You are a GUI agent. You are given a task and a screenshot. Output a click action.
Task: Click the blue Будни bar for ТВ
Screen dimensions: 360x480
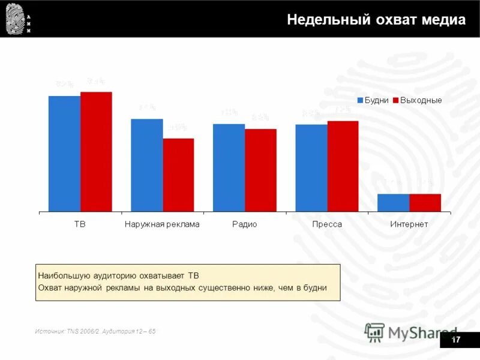pos(64,154)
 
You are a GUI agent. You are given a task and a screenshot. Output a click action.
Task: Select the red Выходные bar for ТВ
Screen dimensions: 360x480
pos(96,152)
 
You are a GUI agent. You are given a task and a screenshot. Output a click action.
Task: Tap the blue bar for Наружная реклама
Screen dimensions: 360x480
pos(147,165)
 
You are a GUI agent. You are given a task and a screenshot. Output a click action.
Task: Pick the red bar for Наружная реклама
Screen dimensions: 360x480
pos(178,175)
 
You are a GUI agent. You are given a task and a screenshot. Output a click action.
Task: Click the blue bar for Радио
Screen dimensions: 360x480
pos(229,167)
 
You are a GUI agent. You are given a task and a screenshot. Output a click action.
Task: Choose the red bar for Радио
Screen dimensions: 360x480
pos(260,170)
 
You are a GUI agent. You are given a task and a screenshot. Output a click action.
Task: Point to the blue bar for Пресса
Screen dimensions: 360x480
pos(311,168)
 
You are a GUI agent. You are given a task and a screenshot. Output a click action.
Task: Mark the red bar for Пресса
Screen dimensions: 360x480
pos(343,166)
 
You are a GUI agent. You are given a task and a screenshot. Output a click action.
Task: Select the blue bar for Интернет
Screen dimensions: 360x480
pos(394,203)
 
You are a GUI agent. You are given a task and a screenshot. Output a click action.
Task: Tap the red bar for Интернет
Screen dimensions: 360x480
pos(425,203)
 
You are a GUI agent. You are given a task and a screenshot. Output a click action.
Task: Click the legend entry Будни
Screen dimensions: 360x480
pos(373,100)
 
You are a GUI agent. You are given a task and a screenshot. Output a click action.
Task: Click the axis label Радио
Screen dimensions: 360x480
pos(245,224)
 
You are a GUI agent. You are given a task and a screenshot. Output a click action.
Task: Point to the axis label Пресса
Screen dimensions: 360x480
pos(327,224)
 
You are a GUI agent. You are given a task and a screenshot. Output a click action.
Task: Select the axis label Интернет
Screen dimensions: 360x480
pos(409,224)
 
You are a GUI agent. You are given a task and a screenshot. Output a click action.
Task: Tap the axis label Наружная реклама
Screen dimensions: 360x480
pos(162,224)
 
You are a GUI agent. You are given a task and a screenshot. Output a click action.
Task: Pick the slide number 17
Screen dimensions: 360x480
pos(455,340)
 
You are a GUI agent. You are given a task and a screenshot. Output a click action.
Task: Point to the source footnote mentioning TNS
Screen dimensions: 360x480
pos(95,331)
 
